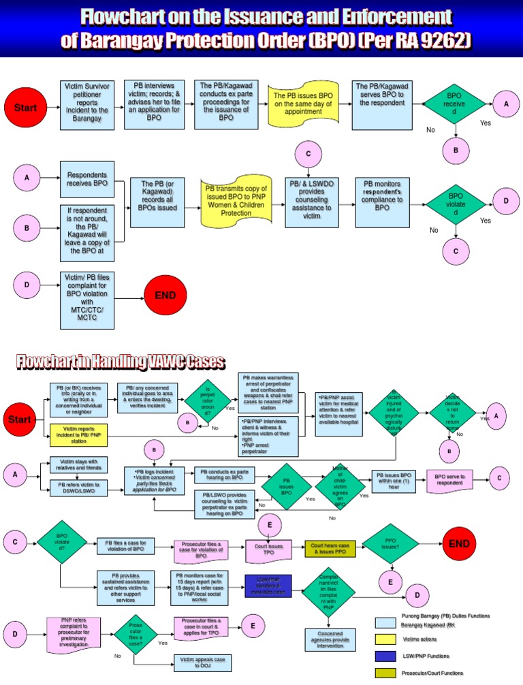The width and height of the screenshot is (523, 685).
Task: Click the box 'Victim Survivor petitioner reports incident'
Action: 86,104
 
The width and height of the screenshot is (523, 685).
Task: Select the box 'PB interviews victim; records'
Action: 154,104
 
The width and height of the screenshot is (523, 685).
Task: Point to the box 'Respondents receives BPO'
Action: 86,179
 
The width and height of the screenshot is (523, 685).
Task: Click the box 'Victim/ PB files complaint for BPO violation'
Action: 86,296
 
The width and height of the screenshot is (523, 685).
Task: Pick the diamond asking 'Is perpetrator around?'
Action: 208,401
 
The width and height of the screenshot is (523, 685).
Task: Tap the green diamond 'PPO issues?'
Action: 390,543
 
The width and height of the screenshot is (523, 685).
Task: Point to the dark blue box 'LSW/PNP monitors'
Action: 268,586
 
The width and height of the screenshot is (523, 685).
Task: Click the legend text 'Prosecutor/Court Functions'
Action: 432,673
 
